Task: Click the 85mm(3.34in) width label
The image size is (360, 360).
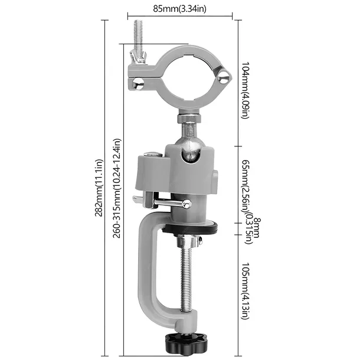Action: [x=179, y=9]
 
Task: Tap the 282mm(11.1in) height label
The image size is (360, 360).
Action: [x=99, y=188]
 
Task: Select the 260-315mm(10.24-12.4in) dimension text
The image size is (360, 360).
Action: [x=117, y=188]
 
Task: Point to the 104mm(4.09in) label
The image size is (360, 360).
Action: [x=245, y=90]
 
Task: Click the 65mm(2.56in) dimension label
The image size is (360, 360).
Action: [x=245, y=186]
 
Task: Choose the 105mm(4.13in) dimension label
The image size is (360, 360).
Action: [x=245, y=291]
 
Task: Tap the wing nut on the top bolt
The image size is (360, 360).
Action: [x=138, y=57]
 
